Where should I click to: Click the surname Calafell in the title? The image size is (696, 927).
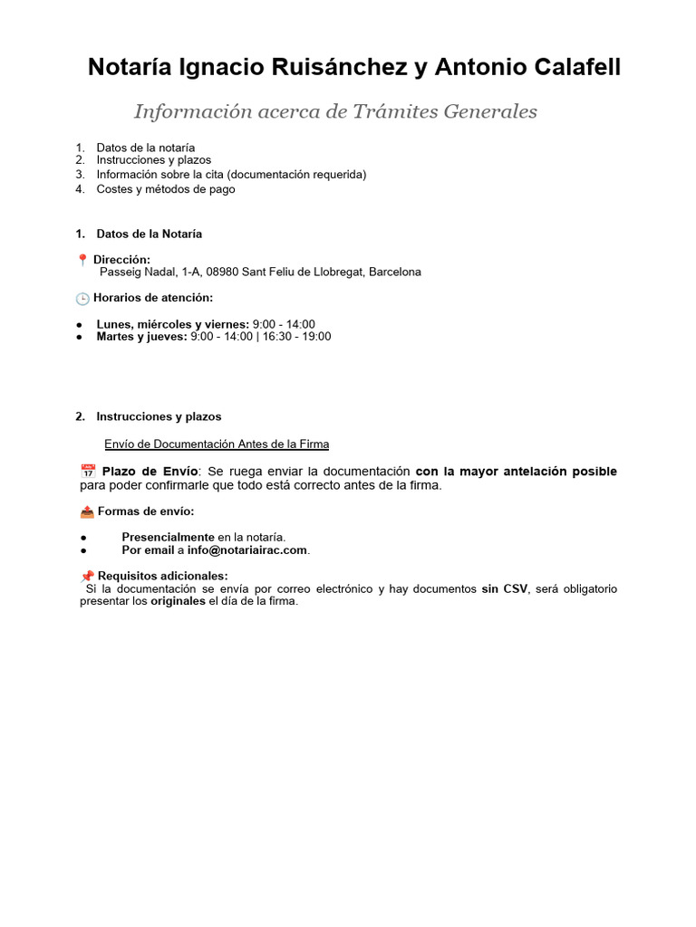(573, 67)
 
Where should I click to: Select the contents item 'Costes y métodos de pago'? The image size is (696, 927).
(165, 189)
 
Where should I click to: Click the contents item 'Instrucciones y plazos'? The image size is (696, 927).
(153, 160)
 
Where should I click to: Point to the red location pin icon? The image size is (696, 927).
(83, 260)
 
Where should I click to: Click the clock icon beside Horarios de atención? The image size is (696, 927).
(83, 298)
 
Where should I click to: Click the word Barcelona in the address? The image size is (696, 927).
(394, 272)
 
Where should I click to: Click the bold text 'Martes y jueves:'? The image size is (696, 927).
(141, 337)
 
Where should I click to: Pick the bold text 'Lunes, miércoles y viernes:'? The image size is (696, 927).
(172, 324)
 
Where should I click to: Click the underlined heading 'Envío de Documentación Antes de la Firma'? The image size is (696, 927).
(217, 444)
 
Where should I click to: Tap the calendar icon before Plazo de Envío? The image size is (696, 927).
(88, 472)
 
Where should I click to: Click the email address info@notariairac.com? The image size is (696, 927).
(247, 550)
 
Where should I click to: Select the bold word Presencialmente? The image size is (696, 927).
(168, 537)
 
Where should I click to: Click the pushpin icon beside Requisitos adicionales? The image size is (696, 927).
(87, 576)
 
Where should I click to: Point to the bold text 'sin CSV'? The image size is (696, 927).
(504, 588)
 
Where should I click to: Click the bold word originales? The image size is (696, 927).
(178, 601)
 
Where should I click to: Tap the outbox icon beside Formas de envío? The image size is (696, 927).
(87, 511)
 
